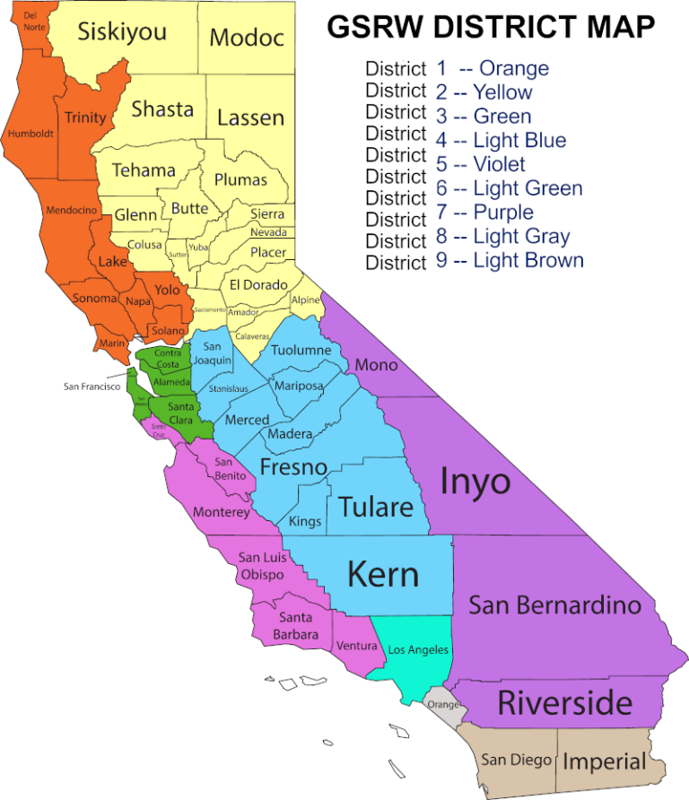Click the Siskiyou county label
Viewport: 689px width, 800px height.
pyautogui.click(x=122, y=32)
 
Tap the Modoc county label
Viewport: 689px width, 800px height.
pyautogui.click(x=247, y=38)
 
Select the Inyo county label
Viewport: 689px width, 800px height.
pyautogui.click(x=475, y=482)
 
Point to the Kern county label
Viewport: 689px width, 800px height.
pyautogui.click(x=383, y=573)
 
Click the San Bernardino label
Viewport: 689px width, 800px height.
pyautogui.click(x=555, y=604)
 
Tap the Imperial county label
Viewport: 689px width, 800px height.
pyautogui.click(x=604, y=761)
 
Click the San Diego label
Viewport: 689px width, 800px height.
pyautogui.click(x=515, y=760)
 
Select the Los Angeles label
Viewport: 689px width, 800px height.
pyautogui.click(x=417, y=649)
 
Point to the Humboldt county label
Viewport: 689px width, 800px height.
pyautogui.click(x=31, y=134)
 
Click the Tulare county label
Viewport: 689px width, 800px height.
pyautogui.click(x=376, y=506)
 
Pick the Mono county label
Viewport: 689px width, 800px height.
pyautogui.click(x=376, y=365)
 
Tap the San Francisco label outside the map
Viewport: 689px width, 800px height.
pyautogui.click(x=92, y=387)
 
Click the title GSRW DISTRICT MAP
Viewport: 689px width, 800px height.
pyautogui.click(x=491, y=28)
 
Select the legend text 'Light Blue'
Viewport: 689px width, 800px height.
pyautogui.click(x=519, y=140)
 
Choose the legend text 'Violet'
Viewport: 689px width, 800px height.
pyautogui.click(x=500, y=164)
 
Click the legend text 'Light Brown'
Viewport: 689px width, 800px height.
pyautogui.click(x=528, y=261)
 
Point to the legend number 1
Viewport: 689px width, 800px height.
pyautogui.click(x=441, y=67)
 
